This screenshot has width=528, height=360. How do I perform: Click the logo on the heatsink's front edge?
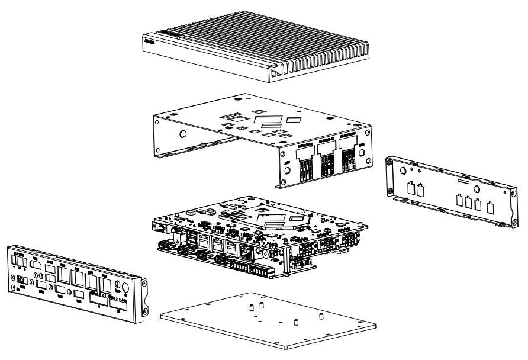[x=152, y=42]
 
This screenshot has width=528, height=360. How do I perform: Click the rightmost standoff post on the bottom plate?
[x=321, y=316]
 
